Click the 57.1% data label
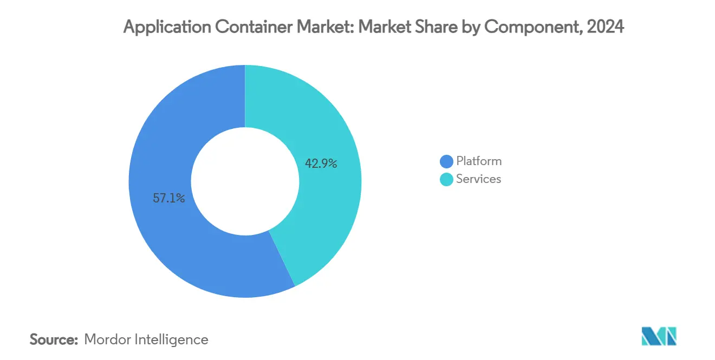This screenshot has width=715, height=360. coord(169,199)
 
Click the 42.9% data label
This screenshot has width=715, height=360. coord(321,163)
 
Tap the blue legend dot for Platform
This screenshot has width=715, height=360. coord(446,161)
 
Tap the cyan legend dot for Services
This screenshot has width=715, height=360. coord(446,179)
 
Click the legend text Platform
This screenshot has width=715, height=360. coord(479,161)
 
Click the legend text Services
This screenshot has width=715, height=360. coord(478,179)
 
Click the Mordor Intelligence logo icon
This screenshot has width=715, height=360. coord(659,336)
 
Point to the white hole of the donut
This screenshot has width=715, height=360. coord(245,181)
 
